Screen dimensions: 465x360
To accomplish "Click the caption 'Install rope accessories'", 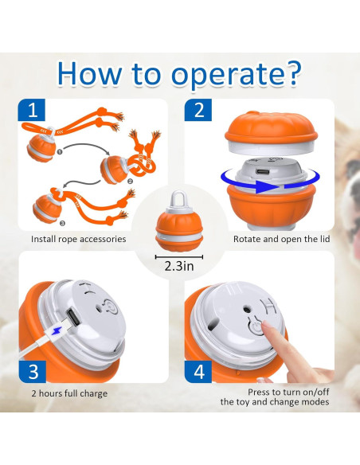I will tap(78, 238).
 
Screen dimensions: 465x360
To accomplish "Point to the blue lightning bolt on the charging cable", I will tap(57, 336).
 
